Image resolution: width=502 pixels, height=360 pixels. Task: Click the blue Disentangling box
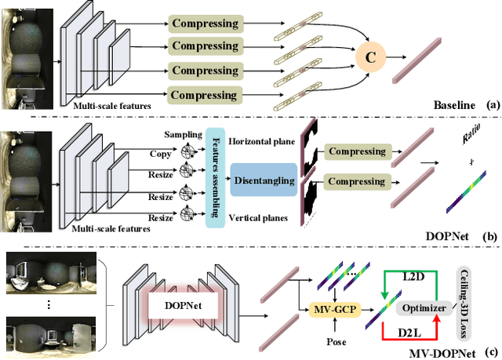(x=264, y=180)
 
